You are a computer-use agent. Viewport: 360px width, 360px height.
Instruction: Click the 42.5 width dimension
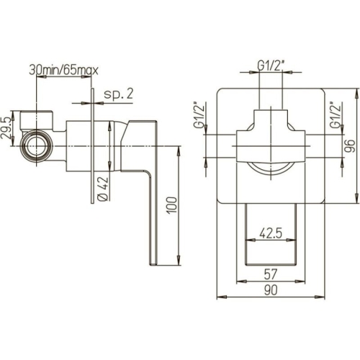pyautogui.click(x=271, y=232)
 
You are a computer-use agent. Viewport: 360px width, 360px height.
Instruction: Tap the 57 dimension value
pyautogui.click(x=271, y=273)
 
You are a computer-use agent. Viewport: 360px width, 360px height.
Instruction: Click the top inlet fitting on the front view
pyautogui.click(x=271, y=119)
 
